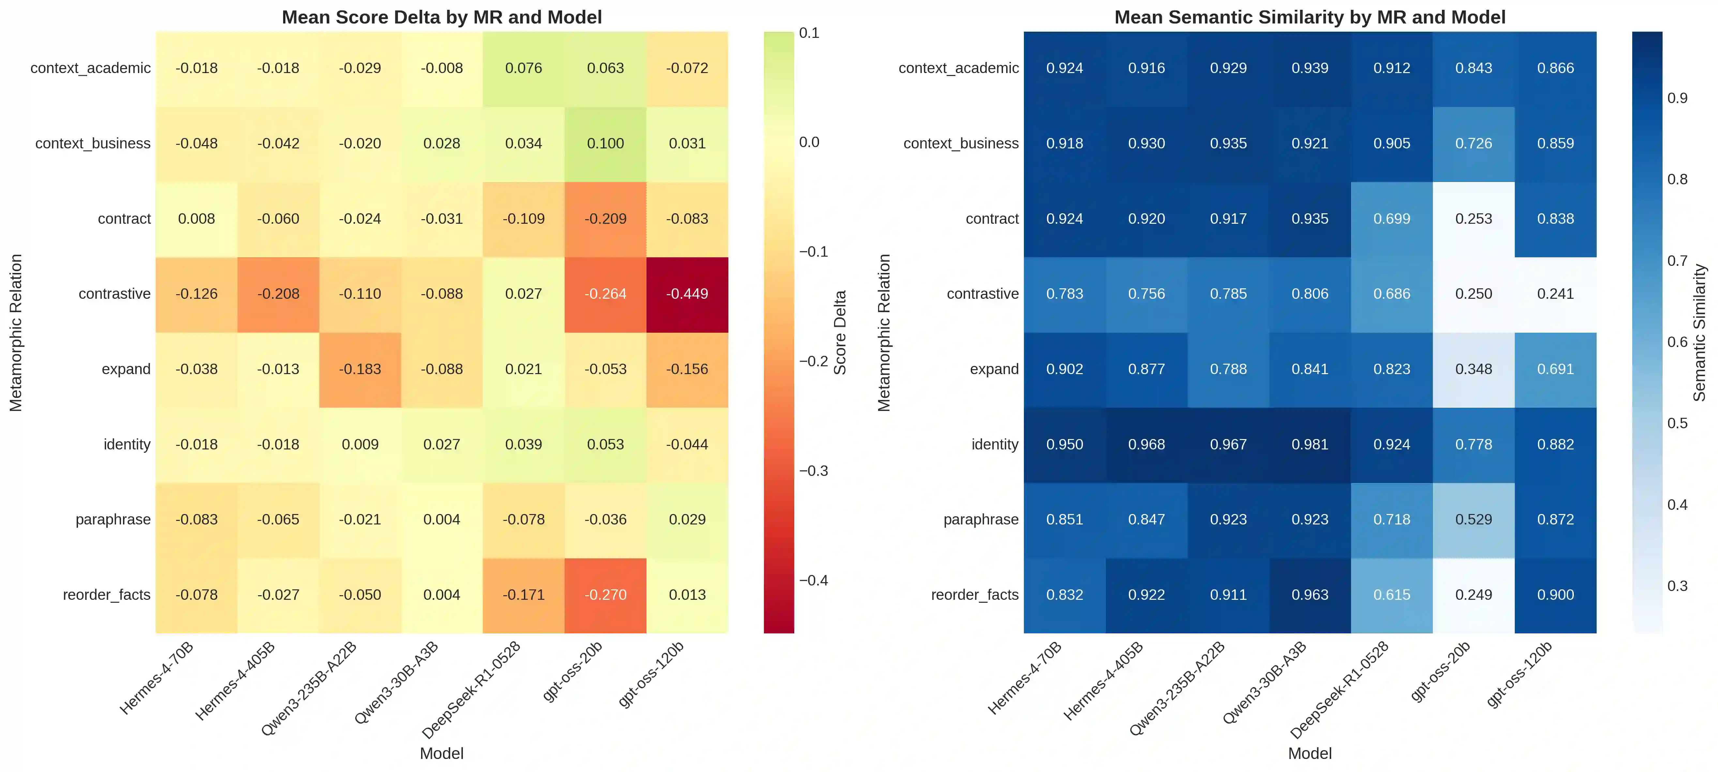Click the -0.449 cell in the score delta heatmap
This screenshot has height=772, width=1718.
[x=687, y=294]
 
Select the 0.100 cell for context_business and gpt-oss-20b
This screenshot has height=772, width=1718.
[x=605, y=143]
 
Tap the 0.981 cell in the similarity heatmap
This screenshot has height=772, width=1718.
[x=1310, y=445]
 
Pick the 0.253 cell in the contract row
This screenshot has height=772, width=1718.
[x=1473, y=219]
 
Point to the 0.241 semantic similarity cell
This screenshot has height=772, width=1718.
[x=1555, y=294]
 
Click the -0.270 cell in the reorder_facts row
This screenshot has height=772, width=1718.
[x=605, y=595]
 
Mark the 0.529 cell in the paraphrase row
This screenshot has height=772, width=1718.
[x=1473, y=519]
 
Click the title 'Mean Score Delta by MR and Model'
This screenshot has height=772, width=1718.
[x=442, y=17]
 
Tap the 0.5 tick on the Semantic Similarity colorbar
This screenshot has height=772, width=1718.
[x=1677, y=423]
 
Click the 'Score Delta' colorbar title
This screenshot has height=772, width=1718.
[x=840, y=332]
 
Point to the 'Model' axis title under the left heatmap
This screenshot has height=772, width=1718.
[x=442, y=753]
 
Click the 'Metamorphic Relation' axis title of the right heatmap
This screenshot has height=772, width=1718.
[x=884, y=332]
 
